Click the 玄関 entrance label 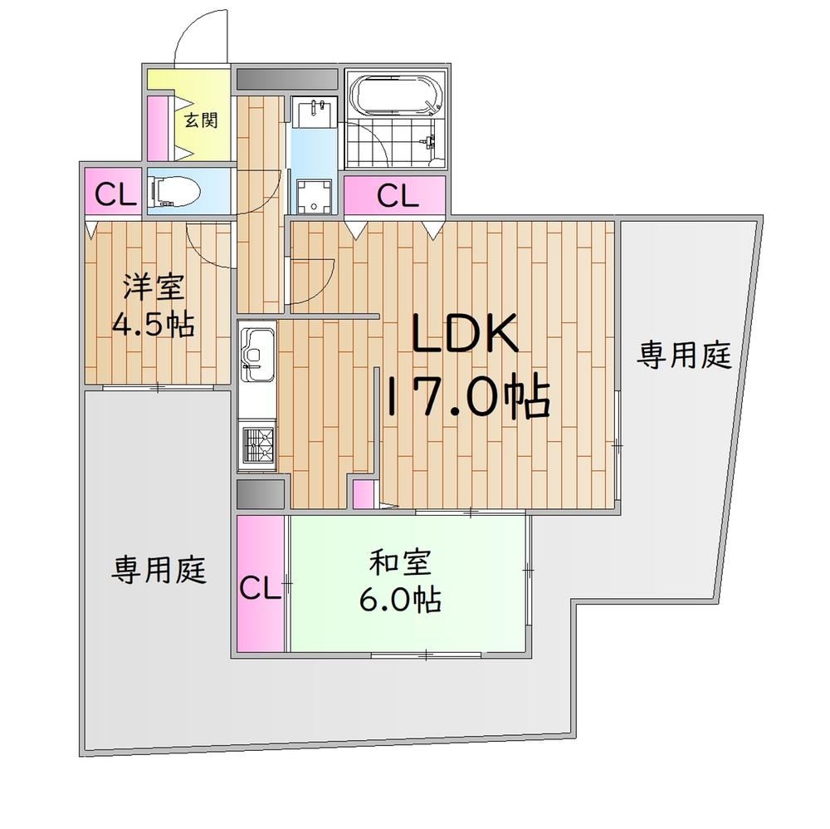click(201, 120)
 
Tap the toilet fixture click(174, 191)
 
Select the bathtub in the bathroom click(397, 96)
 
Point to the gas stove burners click(256, 444)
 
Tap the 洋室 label click(154, 287)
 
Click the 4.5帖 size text click(153, 324)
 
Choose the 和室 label click(401, 562)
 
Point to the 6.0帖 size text click(400, 600)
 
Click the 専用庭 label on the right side click(683, 356)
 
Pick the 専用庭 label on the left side click(159, 570)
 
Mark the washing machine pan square click(314, 197)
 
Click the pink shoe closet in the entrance click(158, 128)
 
